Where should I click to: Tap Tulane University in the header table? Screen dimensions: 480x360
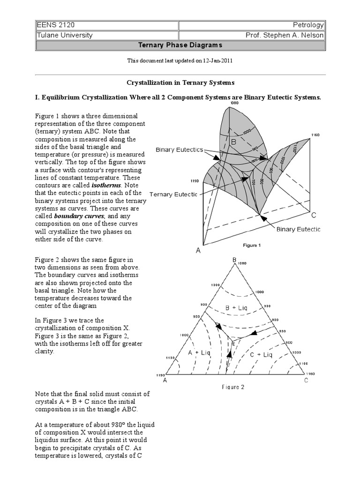(64, 35)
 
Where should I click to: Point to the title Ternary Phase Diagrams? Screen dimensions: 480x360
(180, 45)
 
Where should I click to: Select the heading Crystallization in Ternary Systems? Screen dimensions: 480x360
(180, 82)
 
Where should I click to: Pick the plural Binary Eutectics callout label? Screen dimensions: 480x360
(180, 150)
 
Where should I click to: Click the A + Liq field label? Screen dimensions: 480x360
(199, 353)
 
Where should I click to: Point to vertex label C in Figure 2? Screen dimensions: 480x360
(306, 381)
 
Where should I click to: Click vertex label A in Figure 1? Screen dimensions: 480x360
(198, 251)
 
